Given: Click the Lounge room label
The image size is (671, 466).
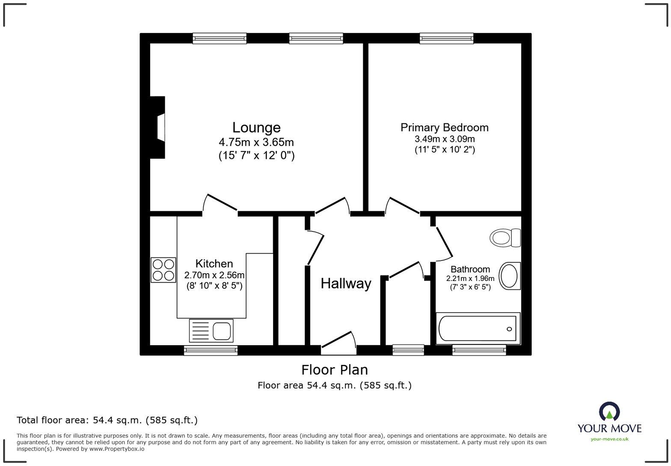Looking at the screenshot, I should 256,127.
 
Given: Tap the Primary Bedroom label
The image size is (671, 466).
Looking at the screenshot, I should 444,128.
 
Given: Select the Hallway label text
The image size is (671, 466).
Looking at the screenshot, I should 346,284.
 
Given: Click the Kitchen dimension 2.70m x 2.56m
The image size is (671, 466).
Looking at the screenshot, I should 214,275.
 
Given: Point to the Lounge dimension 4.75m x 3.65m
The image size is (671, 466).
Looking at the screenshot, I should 256,142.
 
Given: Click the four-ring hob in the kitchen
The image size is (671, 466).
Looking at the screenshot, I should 163,270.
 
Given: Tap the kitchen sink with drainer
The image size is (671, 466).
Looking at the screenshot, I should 211,331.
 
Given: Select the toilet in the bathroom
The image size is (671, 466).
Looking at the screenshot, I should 505,237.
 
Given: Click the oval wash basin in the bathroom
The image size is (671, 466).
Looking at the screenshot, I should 509,276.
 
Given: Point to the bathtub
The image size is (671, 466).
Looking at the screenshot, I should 478,329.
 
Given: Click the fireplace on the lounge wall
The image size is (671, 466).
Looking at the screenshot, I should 158,128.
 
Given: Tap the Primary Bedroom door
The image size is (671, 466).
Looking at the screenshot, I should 402,206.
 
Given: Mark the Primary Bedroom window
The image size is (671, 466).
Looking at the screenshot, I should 446,39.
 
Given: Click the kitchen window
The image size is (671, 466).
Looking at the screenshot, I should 211,350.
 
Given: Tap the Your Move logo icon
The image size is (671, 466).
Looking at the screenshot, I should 609,412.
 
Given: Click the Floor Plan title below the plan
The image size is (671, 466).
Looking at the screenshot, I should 334,370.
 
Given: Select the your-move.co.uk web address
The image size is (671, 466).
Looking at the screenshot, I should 609,439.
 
